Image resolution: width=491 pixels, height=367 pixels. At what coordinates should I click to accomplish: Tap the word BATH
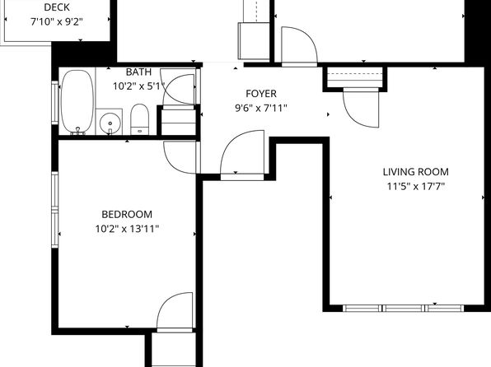coord(138,72)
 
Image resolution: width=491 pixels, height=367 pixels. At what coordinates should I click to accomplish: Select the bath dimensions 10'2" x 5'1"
coord(138,86)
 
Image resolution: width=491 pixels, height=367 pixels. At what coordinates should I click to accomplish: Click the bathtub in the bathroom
coord(77,102)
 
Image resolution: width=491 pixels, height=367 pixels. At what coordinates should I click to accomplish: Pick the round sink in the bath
coord(110,123)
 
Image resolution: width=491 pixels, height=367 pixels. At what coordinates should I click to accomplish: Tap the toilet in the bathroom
coord(139,120)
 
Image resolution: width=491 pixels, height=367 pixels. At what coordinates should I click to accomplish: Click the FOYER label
coord(261,94)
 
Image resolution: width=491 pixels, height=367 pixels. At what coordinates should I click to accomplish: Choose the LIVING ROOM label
coord(415,172)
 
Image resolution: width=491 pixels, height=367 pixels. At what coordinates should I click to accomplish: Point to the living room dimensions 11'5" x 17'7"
coord(415,186)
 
